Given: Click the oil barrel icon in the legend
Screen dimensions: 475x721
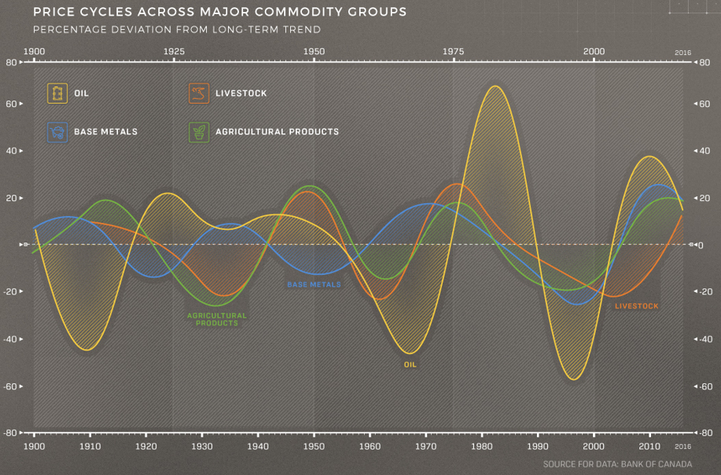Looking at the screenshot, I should click(x=57, y=93).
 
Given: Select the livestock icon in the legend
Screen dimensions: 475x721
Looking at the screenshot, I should click(x=198, y=93).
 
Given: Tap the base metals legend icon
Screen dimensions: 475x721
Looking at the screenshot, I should click(x=57, y=131).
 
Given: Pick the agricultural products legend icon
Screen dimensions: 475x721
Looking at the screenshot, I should click(x=198, y=131).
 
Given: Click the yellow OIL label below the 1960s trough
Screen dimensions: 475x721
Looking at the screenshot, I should click(x=410, y=364).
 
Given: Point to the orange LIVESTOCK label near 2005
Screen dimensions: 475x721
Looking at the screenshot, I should click(x=636, y=306).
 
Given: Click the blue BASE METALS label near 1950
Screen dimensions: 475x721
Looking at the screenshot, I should click(x=314, y=284).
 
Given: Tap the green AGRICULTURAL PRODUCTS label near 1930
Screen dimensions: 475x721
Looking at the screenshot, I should click(x=216, y=320).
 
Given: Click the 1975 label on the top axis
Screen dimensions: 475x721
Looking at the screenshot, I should click(x=454, y=51).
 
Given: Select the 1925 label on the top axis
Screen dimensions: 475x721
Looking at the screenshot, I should click(x=174, y=51).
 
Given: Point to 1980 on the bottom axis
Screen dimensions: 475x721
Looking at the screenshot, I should click(x=482, y=445).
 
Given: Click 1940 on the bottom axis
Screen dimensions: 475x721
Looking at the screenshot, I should click(x=258, y=445).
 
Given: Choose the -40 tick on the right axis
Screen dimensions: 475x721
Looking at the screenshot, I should click(x=705, y=339).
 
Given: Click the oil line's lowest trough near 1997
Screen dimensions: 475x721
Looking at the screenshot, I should click(x=574, y=380).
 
